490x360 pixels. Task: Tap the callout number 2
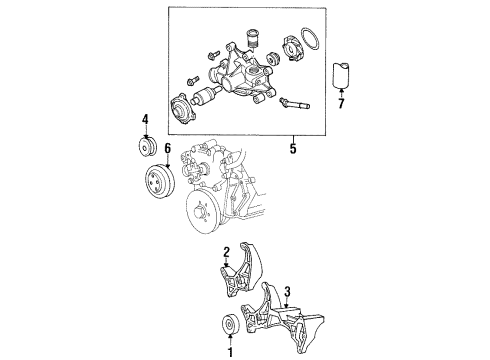(228, 252)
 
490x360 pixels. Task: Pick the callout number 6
(168, 148)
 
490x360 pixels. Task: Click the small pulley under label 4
(147, 147)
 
